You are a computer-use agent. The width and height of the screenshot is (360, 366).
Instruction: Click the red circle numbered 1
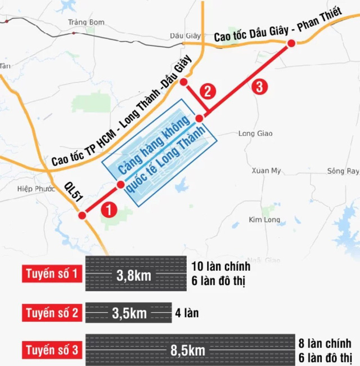coord(108,209)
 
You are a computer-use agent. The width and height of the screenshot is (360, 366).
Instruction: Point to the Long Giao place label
coord(255,133)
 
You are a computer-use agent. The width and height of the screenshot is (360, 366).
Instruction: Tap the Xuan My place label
coord(266,170)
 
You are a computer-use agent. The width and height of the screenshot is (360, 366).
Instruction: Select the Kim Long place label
coord(263,219)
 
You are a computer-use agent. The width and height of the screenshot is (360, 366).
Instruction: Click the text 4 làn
coord(188,313)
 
